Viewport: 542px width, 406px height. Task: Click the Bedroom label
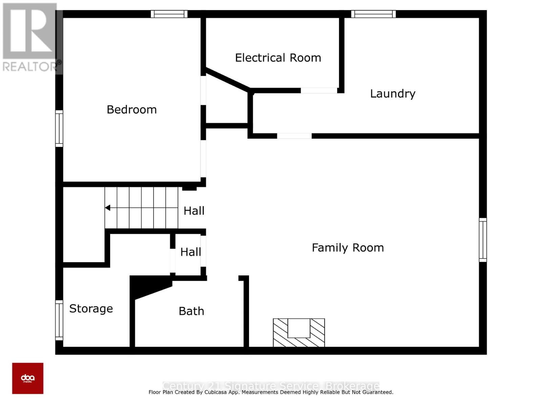pos(131,110)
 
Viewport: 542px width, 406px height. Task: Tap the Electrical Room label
pos(278,58)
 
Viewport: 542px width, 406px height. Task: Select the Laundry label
pos(392,94)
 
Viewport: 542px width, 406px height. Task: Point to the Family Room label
pos(348,248)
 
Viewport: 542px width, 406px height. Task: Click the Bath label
pos(191,311)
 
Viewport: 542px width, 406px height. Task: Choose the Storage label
pos(91,309)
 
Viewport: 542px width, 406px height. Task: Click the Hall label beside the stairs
pos(194,211)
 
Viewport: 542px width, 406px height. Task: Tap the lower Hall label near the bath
pos(190,252)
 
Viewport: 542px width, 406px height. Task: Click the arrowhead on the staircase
pos(108,208)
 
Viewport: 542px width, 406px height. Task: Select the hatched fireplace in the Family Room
pos(299,333)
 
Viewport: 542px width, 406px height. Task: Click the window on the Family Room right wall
pos(483,240)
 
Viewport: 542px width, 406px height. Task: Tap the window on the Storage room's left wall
pos(59,320)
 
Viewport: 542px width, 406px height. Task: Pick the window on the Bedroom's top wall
pos(169,14)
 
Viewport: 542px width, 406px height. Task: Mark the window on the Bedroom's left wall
pos(59,129)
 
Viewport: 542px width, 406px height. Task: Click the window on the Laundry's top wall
pos(373,14)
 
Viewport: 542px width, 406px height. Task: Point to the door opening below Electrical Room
pos(319,90)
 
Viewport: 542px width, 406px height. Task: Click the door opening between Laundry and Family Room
pos(294,136)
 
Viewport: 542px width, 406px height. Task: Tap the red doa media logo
pos(28,378)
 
